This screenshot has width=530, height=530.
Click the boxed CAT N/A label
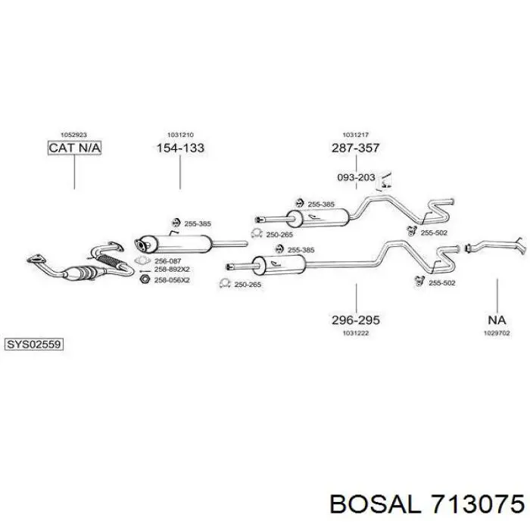[x=74, y=148]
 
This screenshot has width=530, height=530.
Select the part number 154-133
[x=180, y=148]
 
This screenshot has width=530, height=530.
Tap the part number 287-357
[x=356, y=148]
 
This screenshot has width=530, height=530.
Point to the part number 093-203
[x=357, y=177]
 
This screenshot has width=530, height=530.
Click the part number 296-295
[x=356, y=320]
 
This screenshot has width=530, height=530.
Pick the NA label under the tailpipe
[x=497, y=320]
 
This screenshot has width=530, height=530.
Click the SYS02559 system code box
[x=34, y=344]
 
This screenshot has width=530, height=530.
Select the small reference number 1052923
[x=73, y=135]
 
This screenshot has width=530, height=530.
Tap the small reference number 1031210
[x=180, y=135]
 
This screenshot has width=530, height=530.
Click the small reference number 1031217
[x=356, y=135]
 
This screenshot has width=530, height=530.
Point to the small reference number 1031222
[x=356, y=333]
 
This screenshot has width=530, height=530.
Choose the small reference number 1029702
[x=497, y=333]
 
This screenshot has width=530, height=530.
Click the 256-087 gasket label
[x=167, y=261]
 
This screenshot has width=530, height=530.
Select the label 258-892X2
[x=172, y=270]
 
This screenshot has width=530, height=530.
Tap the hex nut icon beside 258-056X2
[x=145, y=279]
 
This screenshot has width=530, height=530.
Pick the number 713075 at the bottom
[x=475, y=505]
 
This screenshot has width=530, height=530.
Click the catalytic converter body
[x=83, y=272]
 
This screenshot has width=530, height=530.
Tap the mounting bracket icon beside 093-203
[x=385, y=181]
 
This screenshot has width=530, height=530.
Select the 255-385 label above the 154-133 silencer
[x=198, y=223]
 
